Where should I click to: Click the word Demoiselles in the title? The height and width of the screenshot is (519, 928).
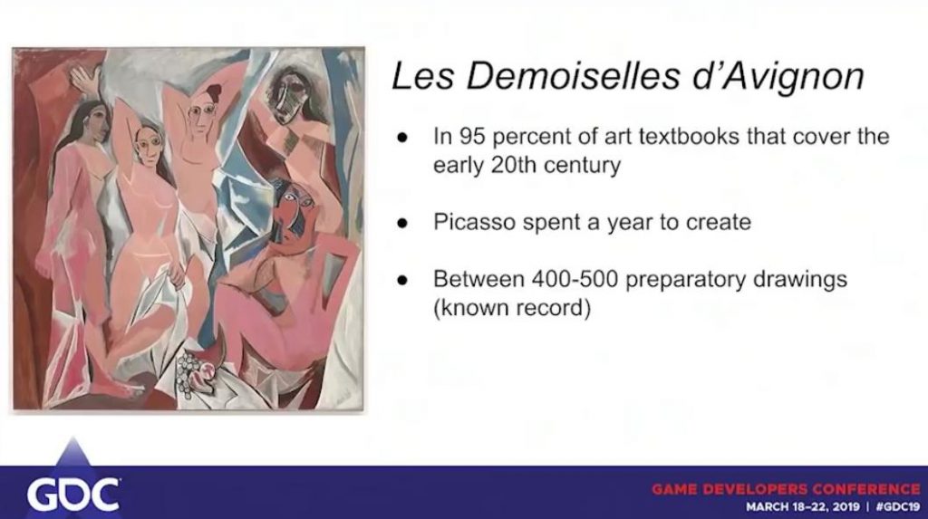(x=573, y=76)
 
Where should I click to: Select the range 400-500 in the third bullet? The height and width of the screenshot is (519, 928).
(x=574, y=279)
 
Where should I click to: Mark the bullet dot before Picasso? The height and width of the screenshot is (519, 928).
(x=402, y=224)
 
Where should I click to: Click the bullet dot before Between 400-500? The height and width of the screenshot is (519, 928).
(x=402, y=280)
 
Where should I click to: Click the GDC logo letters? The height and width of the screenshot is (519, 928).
(x=73, y=495)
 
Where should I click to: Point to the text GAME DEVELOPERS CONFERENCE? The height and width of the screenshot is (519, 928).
(x=787, y=489)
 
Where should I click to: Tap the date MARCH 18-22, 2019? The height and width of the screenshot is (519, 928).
(x=803, y=507)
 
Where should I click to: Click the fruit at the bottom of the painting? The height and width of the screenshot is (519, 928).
(x=196, y=370)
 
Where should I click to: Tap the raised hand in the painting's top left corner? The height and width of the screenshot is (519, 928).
(x=82, y=78)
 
